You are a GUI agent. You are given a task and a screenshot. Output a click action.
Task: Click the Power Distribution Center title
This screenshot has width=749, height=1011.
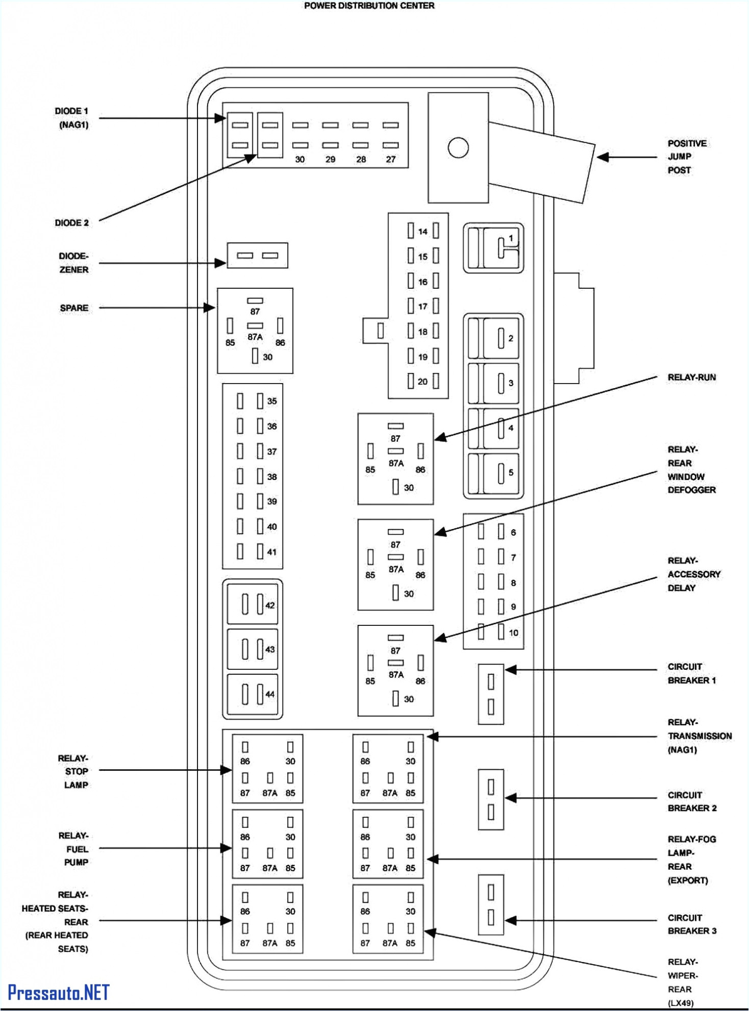click(x=369, y=6)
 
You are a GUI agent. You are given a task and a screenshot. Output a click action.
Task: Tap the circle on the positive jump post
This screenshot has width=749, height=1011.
click(x=458, y=148)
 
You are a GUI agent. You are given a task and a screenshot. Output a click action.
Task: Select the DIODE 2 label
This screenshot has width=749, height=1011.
click(x=71, y=223)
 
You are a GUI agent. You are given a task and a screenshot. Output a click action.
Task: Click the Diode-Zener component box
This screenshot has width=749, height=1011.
click(x=257, y=256)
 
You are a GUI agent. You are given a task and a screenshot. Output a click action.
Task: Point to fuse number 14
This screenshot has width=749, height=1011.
click(x=422, y=231)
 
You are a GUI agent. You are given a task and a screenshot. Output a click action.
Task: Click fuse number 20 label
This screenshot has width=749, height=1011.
click(x=422, y=382)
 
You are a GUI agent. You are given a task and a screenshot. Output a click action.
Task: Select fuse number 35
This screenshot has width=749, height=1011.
click(x=271, y=401)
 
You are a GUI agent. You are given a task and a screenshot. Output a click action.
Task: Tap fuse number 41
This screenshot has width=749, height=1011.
click(x=271, y=552)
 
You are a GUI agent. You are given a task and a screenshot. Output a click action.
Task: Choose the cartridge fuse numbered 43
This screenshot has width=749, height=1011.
click(x=253, y=649)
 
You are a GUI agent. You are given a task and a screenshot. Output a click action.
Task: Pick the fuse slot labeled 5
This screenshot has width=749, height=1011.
click(x=501, y=473)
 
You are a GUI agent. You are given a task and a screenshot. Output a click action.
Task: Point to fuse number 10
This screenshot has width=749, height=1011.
click(x=513, y=633)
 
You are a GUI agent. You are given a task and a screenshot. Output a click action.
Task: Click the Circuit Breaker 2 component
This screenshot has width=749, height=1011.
click(x=490, y=799)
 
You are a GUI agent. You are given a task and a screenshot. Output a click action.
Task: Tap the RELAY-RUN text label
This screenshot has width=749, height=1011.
click(x=691, y=377)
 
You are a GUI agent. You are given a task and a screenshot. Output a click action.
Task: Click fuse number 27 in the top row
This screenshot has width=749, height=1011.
click(x=390, y=160)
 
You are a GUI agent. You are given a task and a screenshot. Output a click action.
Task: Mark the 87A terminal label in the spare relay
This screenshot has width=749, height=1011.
click(x=255, y=337)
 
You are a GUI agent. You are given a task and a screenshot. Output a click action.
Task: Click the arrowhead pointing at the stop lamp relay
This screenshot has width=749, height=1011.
click(x=227, y=770)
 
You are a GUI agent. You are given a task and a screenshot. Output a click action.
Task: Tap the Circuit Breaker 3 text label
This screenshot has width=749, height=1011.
click(x=691, y=924)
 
